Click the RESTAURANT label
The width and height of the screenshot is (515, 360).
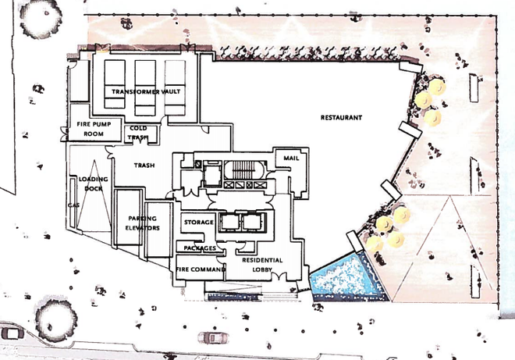342,118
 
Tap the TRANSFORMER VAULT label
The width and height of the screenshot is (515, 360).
146,92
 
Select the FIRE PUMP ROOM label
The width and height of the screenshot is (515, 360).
90,129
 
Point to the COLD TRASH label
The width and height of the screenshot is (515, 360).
138,133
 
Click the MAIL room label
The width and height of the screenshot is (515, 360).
291,159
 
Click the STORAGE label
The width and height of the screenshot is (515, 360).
198,223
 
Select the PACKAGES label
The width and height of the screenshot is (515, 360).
200,248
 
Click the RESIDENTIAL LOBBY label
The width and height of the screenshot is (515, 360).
261,264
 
